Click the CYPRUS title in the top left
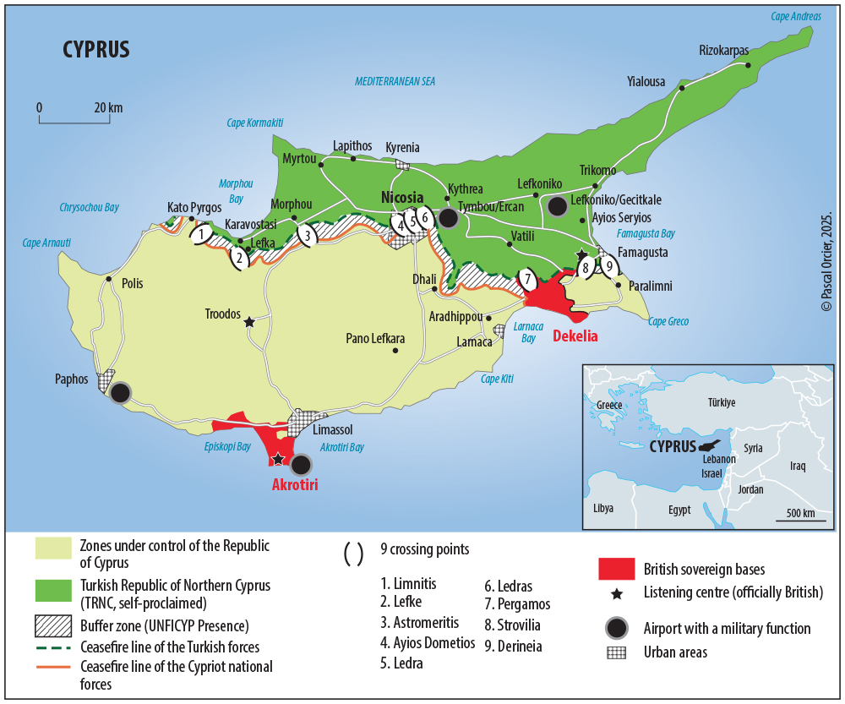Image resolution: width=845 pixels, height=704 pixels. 96,49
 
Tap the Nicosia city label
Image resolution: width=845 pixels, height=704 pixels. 402,198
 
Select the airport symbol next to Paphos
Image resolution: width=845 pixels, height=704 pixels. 121,392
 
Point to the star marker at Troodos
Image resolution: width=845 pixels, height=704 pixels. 248,322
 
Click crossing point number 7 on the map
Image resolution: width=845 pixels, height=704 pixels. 527,279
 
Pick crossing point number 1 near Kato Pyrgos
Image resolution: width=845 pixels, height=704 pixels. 201,233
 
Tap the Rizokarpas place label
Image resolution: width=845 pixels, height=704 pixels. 723,51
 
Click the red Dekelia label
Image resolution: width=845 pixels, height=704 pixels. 575,336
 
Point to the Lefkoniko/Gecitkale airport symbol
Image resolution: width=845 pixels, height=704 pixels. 556,205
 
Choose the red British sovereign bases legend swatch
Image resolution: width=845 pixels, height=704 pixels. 617,569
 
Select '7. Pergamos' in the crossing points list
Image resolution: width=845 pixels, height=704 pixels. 517,604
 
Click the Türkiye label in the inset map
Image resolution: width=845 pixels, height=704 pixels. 722,402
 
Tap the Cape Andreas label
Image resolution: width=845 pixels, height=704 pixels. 795,16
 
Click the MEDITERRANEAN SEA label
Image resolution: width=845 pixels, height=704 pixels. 395,81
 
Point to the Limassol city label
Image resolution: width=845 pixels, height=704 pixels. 332,430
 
